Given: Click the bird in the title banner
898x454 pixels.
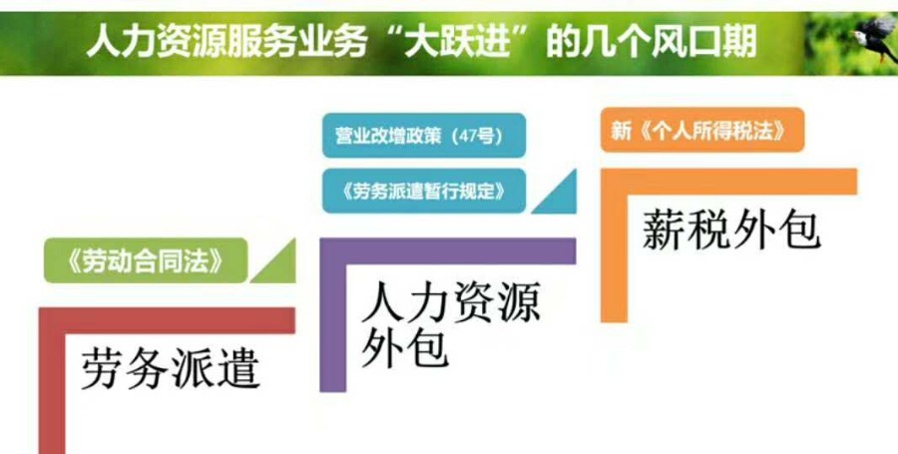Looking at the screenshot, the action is (x=874, y=38).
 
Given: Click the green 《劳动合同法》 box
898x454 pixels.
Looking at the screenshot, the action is (x=146, y=260).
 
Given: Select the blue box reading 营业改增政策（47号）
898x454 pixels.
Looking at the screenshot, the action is (x=424, y=135).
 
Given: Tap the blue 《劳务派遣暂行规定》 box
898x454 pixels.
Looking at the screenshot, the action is (x=424, y=191).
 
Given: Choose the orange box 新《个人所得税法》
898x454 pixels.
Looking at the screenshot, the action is (x=702, y=130).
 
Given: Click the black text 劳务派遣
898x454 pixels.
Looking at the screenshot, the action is (x=170, y=369).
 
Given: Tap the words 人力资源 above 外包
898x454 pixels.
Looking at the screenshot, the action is (x=451, y=303).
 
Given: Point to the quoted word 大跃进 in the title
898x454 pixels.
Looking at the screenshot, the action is (x=456, y=42).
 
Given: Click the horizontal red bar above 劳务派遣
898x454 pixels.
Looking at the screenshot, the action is (x=167, y=320).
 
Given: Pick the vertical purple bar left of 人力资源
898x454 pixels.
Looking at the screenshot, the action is (x=332, y=315).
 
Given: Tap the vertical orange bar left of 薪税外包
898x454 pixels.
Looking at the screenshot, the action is (x=614, y=245).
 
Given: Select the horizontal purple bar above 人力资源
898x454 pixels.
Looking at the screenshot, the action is (x=447, y=251).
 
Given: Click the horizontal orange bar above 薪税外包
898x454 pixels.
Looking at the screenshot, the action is (x=728, y=182).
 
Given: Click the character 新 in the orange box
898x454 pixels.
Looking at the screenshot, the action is (x=621, y=131).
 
